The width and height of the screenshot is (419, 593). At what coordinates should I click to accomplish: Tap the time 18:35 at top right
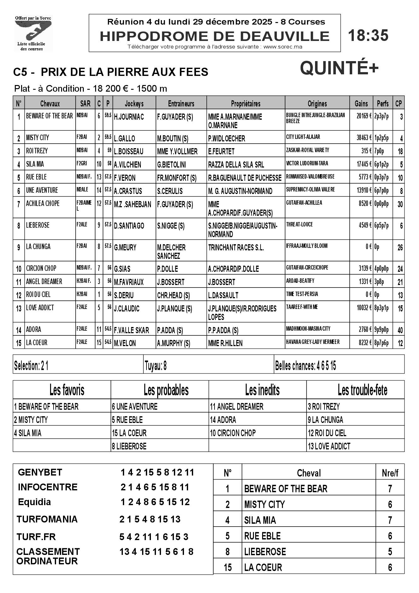tap(368, 35)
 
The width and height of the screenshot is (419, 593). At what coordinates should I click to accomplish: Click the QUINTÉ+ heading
tap(339, 68)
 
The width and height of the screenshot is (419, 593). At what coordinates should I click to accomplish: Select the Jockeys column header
tap(134, 104)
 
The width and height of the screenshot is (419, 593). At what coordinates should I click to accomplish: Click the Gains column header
tap(361, 104)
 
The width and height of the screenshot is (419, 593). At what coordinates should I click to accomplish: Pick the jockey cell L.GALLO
tap(125, 139)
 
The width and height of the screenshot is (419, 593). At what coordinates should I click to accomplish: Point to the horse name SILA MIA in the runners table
tap(35, 164)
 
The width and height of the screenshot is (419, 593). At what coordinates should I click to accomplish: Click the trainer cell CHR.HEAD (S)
tap(174, 295)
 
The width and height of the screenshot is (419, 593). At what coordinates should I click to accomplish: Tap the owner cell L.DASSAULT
tap(223, 295)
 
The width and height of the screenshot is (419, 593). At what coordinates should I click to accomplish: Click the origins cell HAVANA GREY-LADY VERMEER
tap(313, 342)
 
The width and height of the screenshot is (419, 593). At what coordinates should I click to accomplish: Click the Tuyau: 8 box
tap(209, 366)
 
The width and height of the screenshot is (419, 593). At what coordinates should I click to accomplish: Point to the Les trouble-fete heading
tap(355, 390)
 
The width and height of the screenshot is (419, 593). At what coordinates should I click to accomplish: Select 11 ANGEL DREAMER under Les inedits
tap(237, 407)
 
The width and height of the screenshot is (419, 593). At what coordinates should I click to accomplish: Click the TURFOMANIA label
tap(47, 519)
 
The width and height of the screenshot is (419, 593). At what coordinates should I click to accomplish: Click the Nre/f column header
tap(390, 473)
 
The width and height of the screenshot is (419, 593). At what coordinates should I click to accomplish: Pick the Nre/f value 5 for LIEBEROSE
tap(390, 551)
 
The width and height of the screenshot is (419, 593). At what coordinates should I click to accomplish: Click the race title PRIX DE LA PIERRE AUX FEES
tap(124, 72)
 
